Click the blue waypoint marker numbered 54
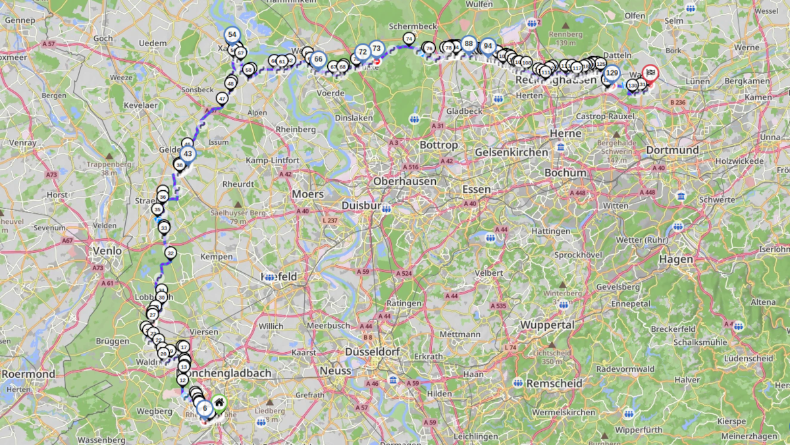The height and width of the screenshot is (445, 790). [232, 35]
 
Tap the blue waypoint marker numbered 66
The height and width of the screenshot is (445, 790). [318, 59]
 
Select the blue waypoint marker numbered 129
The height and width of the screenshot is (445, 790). [612, 73]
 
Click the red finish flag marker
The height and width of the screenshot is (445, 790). [650, 73]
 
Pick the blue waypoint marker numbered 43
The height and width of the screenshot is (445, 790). [188, 154]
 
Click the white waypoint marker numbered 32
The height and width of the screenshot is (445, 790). [171, 253]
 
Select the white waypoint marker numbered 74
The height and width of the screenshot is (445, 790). [409, 39]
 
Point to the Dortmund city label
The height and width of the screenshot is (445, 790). [672, 150]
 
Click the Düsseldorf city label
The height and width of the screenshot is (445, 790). [373, 352]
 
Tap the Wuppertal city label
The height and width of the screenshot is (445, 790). [547, 325]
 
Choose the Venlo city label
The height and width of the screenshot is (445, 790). [108, 251]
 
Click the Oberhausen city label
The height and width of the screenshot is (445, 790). [406, 180]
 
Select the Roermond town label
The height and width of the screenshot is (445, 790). [28, 374]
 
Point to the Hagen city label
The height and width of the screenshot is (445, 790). [675, 259]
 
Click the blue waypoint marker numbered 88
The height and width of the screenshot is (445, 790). [468, 44]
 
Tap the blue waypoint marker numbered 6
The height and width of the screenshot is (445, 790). [205, 409]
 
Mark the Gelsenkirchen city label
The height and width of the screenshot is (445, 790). [511, 152]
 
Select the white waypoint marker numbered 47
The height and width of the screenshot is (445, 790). [223, 99]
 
